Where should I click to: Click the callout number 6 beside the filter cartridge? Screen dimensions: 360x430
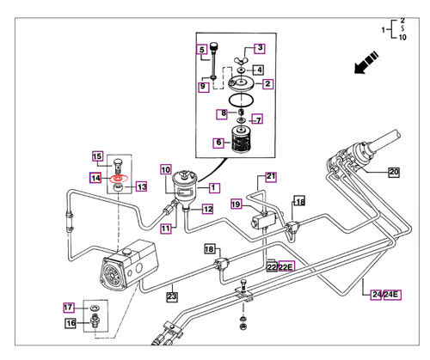[219, 143]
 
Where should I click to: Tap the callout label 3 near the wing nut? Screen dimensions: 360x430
[259, 49]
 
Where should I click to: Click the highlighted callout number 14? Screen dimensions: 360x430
[97, 177]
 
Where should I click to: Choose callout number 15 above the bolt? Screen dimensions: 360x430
[97, 156]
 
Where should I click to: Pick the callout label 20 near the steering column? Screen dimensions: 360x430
[394, 172]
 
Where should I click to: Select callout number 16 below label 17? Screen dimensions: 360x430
[71, 323]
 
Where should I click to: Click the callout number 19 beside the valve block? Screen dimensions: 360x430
[235, 204]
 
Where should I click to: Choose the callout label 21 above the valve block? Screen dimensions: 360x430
[270, 177]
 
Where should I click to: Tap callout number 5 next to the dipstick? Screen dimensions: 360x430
[202, 49]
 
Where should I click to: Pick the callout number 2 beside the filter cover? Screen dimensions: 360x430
[267, 84]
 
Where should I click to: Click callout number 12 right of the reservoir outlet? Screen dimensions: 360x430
[207, 209]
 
